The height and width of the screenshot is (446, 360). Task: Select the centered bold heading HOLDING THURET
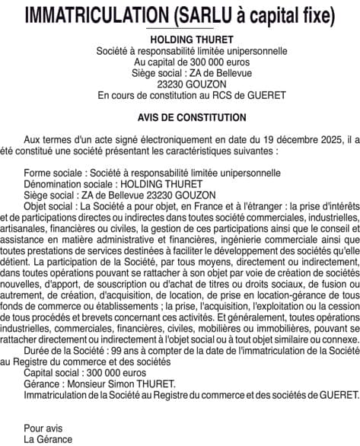click(x=180, y=40)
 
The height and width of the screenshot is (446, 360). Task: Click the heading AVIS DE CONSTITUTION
click(x=180, y=118)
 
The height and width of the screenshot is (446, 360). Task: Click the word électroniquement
click(x=182, y=140)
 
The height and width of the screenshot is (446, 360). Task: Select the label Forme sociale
click(x=52, y=173)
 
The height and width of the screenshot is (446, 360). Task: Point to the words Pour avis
click(x=43, y=428)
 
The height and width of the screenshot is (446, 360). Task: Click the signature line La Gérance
click(x=48, y=439)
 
